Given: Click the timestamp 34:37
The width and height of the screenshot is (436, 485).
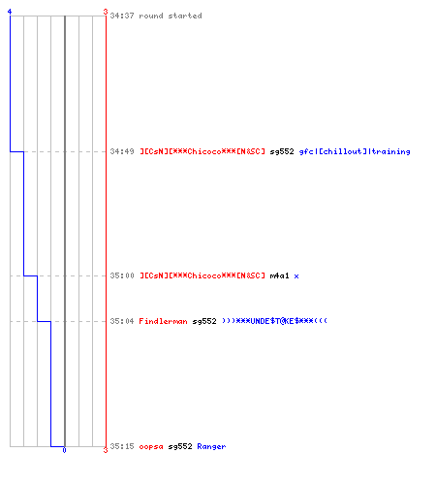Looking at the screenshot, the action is click(122, 16).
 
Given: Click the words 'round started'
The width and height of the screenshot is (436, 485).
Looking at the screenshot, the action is click(171, 16).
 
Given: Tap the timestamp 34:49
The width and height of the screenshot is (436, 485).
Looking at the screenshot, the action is click(122, 151).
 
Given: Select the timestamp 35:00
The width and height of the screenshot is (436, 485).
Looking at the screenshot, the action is click(122, 275).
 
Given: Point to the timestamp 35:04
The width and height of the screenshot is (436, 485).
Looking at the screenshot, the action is click(122, 321).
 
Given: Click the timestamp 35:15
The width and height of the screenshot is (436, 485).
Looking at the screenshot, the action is click(122, 446).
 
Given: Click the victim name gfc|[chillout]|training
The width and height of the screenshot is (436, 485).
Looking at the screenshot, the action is click(355, 151).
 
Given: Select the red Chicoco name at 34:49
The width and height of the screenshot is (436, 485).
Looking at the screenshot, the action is click(202, 151).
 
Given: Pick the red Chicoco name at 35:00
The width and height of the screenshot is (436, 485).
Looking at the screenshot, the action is click(202, 275).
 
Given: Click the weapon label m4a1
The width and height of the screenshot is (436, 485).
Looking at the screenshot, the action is click(279, 275).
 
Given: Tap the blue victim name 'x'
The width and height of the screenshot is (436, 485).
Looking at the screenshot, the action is click(296, 276).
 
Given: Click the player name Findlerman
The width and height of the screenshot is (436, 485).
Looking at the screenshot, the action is click(163, 321).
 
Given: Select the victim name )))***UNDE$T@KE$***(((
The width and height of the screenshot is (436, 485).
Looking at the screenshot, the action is click(274, 321).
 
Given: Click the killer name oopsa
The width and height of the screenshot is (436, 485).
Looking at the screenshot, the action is click(151, 446).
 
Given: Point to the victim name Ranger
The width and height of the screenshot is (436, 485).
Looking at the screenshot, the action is click(211, 446).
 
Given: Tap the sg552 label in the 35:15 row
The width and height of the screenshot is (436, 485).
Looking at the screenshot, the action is click(180, 446).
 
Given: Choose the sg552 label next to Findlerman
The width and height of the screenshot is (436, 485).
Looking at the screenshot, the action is click(204, 321).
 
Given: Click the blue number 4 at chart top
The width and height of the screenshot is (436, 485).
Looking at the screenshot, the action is click(10, 12).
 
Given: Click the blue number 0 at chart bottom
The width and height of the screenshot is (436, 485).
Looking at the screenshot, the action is click(64, 450).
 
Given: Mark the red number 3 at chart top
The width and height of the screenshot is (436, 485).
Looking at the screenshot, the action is click(106, 12).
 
